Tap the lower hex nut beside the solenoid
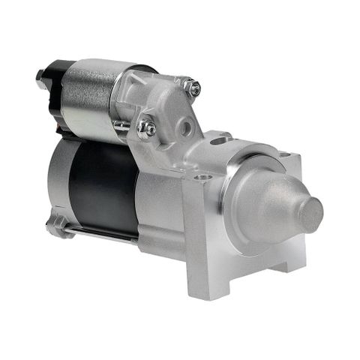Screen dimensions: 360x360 147,128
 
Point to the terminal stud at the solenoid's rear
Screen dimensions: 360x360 40,75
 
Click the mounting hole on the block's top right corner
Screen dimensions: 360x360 288,157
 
